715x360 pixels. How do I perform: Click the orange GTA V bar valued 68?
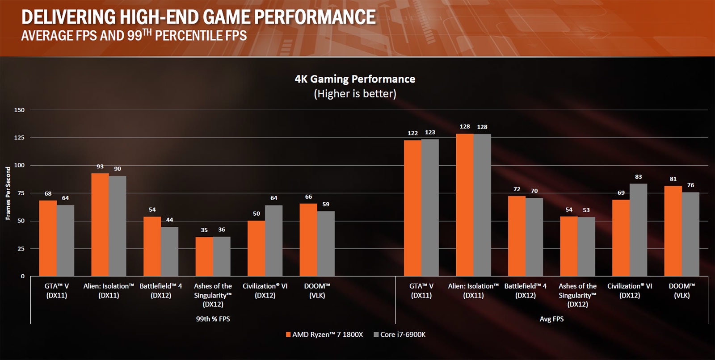[48, 238]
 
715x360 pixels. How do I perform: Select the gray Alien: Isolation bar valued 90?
[118, 226]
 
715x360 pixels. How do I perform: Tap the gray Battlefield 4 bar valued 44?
[169, 251]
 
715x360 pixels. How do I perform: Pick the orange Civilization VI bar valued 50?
[256, 248]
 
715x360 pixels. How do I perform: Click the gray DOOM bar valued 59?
[326, 243]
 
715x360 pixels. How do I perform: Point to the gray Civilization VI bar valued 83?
[638, 230]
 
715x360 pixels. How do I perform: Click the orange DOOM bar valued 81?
[673, 231]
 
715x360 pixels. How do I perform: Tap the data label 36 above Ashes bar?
[222, 230]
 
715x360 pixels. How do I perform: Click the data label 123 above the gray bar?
[430, 132]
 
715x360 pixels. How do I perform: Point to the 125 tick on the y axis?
[19, 138]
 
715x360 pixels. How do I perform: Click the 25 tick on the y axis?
[21, 248]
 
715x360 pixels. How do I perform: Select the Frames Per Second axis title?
[8, 193]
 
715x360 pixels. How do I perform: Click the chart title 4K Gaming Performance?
[355, 79]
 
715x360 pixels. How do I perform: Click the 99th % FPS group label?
[213, 319]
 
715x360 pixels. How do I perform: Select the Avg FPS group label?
[551, 319]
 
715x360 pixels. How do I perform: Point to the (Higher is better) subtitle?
[355, 93]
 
